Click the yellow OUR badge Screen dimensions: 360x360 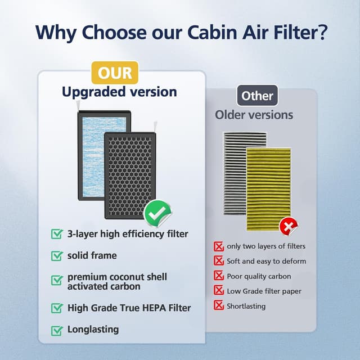[115, 73]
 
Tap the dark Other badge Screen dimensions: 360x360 [257, 96]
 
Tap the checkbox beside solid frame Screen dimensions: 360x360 [57, 256]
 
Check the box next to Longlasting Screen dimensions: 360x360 [57, 330]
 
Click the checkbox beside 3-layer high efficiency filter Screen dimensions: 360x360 [57, 233]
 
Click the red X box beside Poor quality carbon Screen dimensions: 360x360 [218, 276]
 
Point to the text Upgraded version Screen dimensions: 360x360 [119, 92]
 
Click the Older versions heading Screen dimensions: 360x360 [254, 115]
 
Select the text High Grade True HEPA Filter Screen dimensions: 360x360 [129, 308]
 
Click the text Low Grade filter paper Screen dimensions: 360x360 [264, 291]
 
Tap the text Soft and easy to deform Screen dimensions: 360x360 [266, 261]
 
